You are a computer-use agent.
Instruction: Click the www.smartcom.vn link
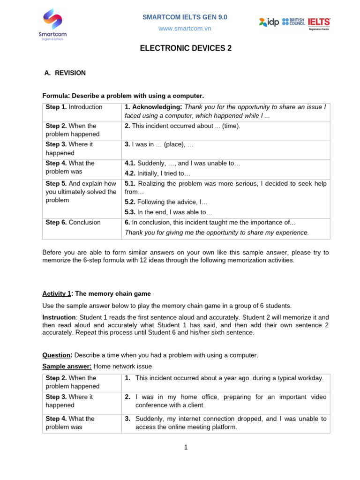[185, 29]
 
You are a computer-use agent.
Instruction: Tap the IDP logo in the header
[269, 22]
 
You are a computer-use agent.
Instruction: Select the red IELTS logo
[319, 22]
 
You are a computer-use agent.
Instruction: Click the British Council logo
[293, 22]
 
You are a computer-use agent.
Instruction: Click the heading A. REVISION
[65, 73]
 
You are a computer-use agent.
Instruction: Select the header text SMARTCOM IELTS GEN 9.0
[185, 17]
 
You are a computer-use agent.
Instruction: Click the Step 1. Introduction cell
[74, 107]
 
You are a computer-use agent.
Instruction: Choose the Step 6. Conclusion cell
[73, 223]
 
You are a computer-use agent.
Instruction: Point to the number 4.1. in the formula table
[130, 164]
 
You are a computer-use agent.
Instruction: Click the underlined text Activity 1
[57, 294]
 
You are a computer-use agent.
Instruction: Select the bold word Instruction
[59, 317]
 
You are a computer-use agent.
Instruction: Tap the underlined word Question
[57, 355]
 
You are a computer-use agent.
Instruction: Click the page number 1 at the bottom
[186, 447]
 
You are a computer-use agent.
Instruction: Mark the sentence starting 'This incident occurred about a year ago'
[229, 378]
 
